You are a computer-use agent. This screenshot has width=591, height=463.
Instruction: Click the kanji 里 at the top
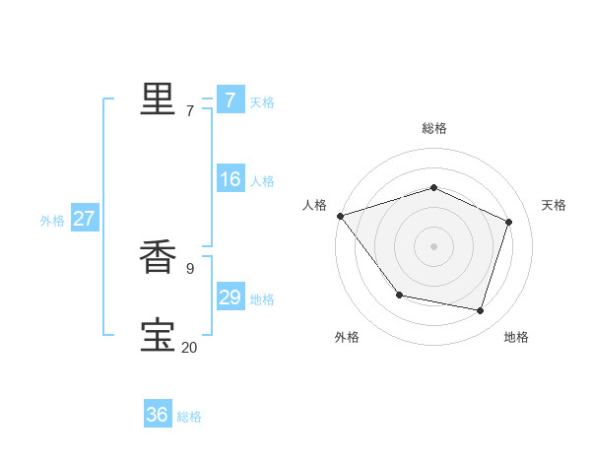click(157, 99)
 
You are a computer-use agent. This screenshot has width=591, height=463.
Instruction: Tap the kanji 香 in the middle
click(157, 258)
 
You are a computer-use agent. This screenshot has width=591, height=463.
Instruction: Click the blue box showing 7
click(230, 99)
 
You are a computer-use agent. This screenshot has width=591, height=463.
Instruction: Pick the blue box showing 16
click(230, 179)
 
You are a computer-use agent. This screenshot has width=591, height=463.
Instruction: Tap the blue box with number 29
click(230, 298)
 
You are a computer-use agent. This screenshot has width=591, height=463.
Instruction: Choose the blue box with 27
click(84, 219)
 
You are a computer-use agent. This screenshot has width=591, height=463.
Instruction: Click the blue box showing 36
click(157, 415)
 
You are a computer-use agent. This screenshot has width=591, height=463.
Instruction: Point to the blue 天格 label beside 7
click(261, 102)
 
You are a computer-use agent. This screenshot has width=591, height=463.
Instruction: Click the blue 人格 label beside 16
click(261, 181)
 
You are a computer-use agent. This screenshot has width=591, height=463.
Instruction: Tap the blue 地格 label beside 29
click(261, 299)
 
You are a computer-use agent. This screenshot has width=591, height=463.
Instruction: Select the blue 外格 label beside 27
click(52, 221)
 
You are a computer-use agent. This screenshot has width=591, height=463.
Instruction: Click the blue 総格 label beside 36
click(189, 417)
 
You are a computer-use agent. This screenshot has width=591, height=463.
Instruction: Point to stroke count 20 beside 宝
click(189, 347)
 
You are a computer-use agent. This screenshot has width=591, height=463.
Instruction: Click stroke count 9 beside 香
click(189, 267)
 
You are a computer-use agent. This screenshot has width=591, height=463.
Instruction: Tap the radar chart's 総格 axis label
click(434, 128)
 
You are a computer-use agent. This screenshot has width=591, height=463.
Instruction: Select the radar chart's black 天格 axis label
click(554, 205)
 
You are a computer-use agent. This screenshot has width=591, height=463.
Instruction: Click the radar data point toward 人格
click(340, 216)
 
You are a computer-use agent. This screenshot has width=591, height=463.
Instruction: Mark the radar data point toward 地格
click(480, 310)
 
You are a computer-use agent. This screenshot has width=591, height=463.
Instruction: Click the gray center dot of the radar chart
click(433, 245)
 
